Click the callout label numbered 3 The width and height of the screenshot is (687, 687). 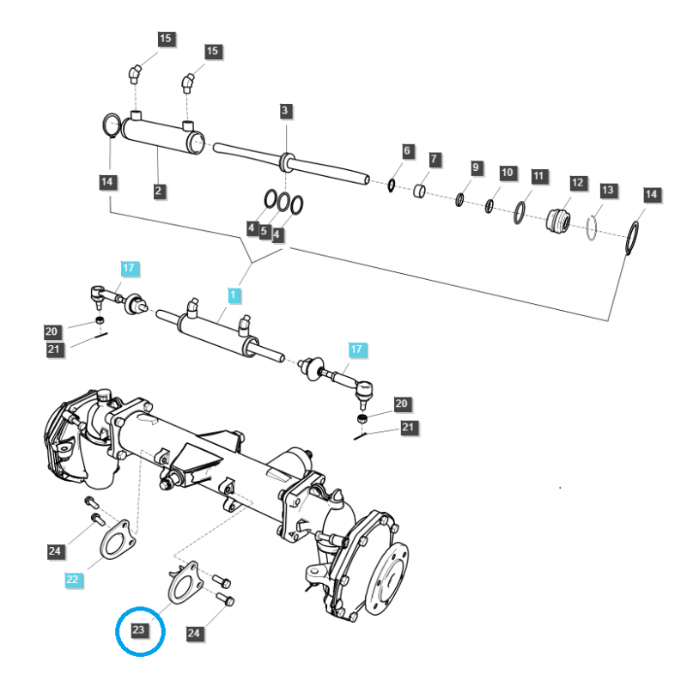coord(285,111)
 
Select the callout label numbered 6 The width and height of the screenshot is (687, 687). coord(408,151)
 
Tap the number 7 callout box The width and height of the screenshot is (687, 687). coord(435,160)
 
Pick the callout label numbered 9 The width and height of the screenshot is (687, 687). coord(476,167)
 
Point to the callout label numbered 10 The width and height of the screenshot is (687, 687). coord(507,173)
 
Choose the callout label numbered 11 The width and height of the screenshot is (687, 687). coord(538,176)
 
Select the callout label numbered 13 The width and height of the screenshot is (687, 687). coord(607,189)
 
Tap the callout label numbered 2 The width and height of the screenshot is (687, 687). coord(159,192)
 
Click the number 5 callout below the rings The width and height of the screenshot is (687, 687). coord(264,232)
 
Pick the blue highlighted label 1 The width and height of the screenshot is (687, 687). coord(234,295)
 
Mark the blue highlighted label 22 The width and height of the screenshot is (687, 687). coord(73,580)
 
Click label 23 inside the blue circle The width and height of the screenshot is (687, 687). coord(139,630)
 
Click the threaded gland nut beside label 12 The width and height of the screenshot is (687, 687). coord(560,221)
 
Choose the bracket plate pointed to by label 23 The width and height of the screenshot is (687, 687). coord(183,585)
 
